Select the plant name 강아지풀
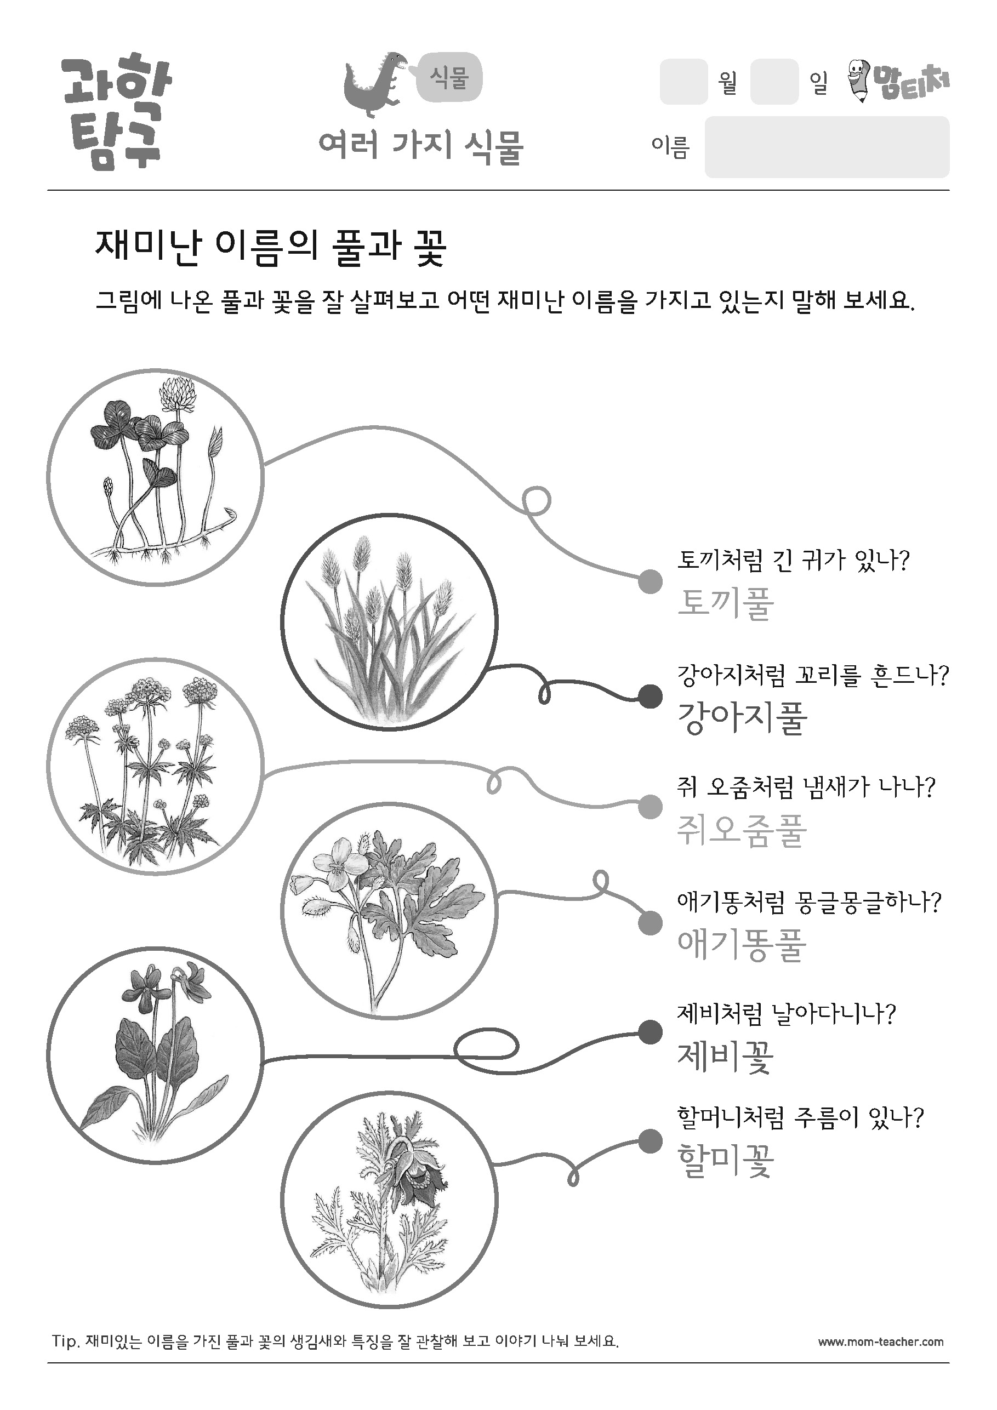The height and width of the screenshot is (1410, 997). [x=742, y=718]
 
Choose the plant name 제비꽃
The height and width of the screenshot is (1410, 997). [x=726, y=1057]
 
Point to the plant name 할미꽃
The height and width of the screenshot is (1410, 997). [x=726, y=1161]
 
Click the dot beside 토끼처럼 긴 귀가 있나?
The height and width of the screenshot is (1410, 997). [x=651, y=581]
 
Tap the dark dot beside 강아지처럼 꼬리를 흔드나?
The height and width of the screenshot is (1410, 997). [x=651, y=697]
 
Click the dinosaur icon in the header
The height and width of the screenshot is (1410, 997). [x=375, y=85]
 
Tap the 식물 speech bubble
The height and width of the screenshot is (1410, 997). [x=449, y=78]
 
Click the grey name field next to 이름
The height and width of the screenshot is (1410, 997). [x=827, y=147]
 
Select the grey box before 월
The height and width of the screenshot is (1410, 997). [x=683, y=82]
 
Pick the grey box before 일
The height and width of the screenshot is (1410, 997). [x=774, y=82]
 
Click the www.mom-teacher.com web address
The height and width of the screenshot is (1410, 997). [x=880, y=1342]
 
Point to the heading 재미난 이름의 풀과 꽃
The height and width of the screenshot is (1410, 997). [x=271, y=248]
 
